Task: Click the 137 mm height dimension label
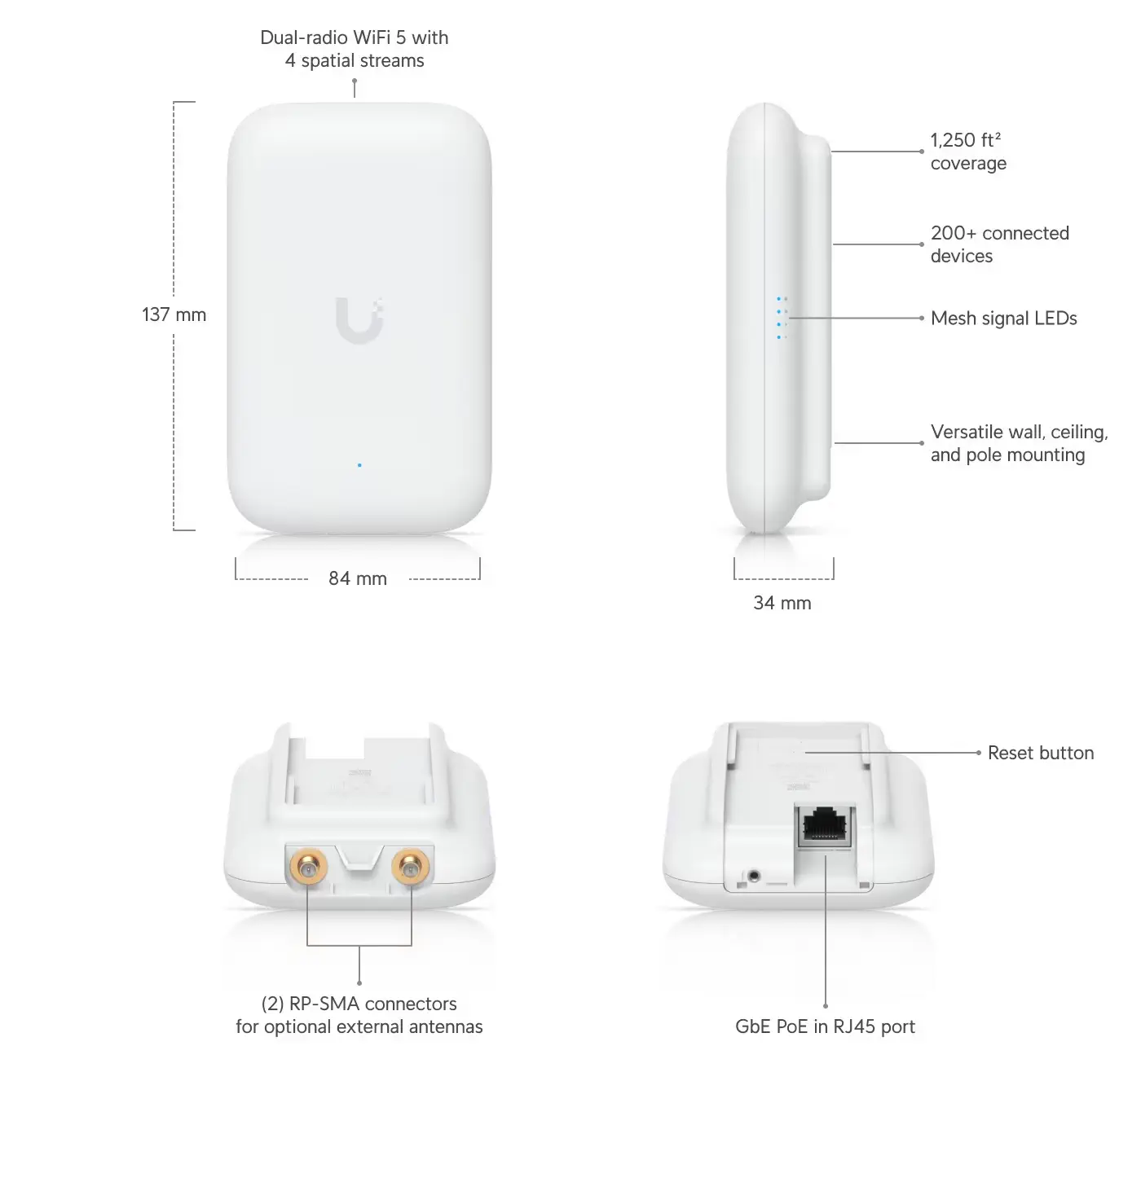[x=174, y=314]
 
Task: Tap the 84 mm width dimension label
[x=358, y=578]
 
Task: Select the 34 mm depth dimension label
[x=782, y=603]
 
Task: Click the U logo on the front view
[x=359, y=320]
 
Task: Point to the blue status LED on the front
[x=359, y=465]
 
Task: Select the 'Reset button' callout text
[x=1041, y=753]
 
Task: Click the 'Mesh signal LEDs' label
[x=1003, y=319]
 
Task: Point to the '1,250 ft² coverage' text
[x=968, y=152]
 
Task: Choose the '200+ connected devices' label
[x=999, y=244]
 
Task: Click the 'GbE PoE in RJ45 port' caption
[x=825, y=1026]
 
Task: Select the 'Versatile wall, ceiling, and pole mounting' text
[x=1019, y=443]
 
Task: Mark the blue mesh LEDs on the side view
[x=781, y=318]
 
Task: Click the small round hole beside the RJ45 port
[x=752, y=877]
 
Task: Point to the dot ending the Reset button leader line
[x=979, y=753]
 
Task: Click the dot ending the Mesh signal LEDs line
[x=922, y=319]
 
